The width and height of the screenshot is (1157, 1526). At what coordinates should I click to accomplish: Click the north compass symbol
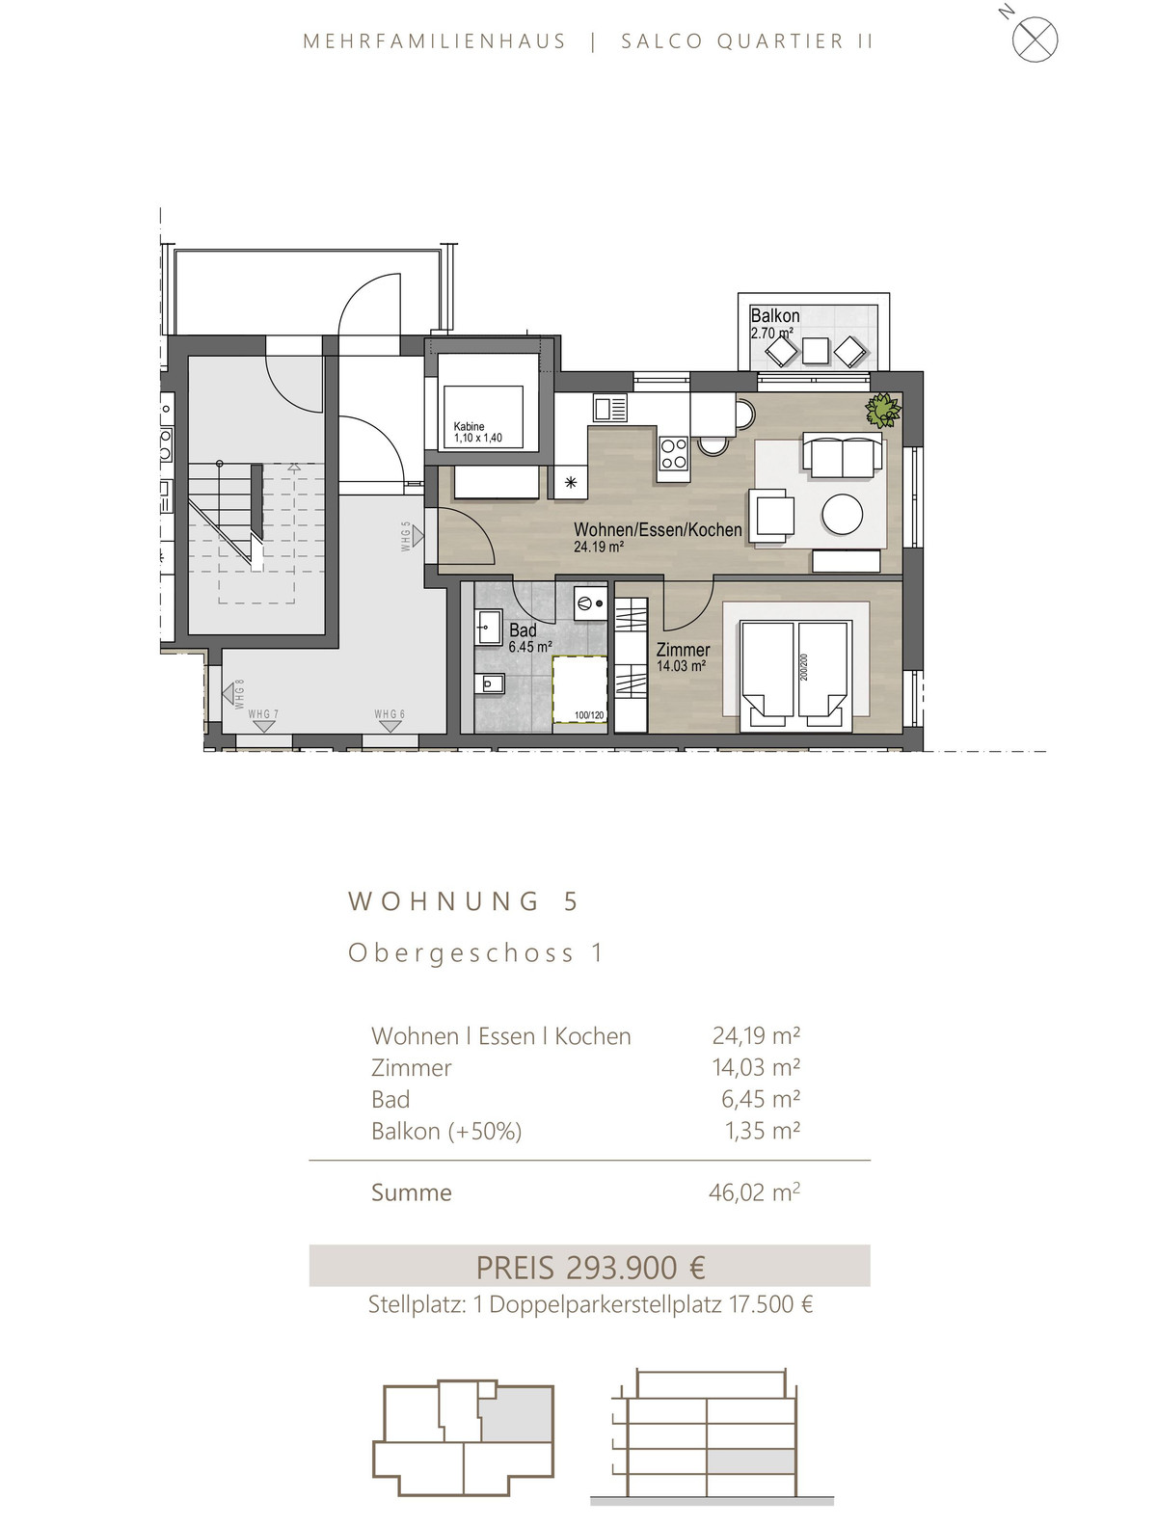point(1034,39)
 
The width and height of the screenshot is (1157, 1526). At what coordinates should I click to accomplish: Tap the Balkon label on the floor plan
point(774,315)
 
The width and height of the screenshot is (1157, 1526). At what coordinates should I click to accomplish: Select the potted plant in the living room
point(882,409)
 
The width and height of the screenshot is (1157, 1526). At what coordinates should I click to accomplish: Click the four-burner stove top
point(673,452)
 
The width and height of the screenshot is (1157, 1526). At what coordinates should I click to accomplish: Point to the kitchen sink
point(609,408)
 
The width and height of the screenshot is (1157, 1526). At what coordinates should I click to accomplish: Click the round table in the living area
point(842,515)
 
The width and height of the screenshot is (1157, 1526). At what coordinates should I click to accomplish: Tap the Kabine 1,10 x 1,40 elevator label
point(477,432)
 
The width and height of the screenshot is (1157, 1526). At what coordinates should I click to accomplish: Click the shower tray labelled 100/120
point(579,688)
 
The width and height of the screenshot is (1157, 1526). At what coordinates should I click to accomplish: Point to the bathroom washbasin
point(490,628)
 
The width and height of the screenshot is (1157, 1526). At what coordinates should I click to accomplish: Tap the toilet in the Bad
point(491,684)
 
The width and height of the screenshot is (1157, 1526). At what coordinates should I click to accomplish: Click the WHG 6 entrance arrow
point(390,726)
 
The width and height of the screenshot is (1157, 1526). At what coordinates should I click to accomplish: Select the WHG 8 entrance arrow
point(229,694)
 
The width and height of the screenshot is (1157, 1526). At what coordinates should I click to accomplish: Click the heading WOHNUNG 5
point(463,901)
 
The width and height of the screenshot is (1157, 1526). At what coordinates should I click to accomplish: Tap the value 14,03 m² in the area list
point(755,1066)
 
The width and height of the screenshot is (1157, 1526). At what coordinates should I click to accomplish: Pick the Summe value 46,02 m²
point(754,1192)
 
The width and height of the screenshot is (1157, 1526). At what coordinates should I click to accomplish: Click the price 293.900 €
point(635,1268)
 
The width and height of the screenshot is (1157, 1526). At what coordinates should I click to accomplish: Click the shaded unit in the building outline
point(517,1415)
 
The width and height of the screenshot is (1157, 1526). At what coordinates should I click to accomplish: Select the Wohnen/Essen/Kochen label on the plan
point(657,530)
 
